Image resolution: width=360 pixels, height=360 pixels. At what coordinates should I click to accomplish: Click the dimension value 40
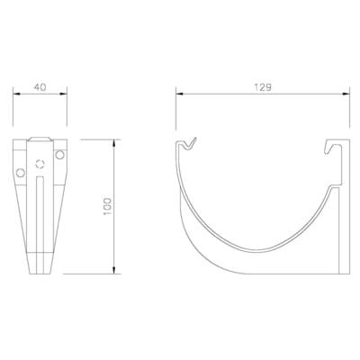click(x=39, y=88)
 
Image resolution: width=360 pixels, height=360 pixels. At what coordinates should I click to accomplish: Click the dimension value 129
click(x=263, y=88)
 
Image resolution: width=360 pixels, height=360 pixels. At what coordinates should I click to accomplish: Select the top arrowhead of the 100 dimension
click(x=114, y=142)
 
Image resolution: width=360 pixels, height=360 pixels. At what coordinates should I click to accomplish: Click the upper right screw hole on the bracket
click(x=59, y=157)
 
